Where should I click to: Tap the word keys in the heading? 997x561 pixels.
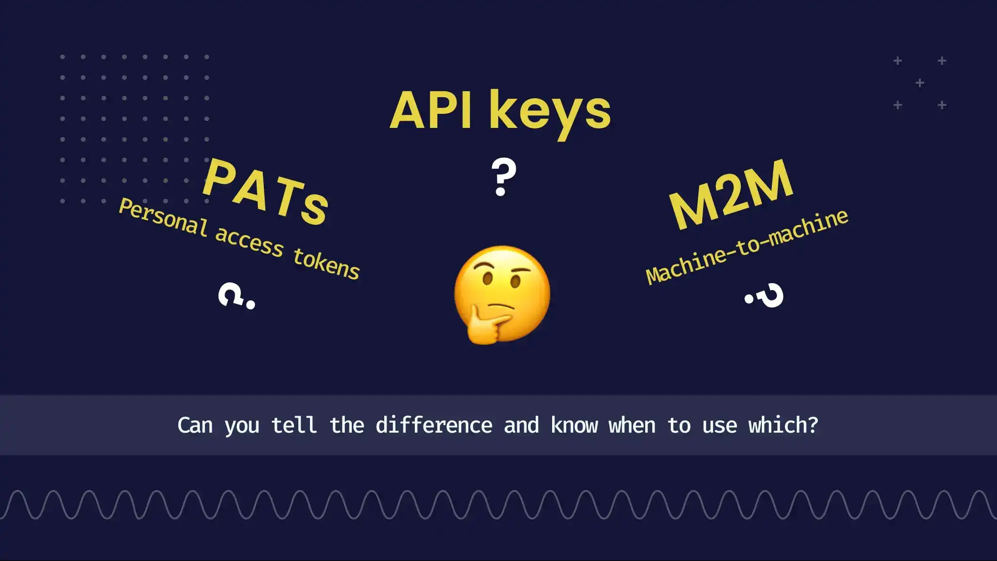(550, 113)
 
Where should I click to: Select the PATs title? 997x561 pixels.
(265, 192)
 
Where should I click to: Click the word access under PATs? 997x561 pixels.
(249, 242)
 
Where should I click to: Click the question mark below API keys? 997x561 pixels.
(503, 177)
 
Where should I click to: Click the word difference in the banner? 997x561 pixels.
(434, 426)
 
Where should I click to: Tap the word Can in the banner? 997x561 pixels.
(195, 426)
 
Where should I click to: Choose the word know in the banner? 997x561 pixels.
(574, 426)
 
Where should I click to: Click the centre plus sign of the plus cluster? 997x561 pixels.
(920, 83)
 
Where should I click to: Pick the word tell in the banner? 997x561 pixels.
(294, 426)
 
